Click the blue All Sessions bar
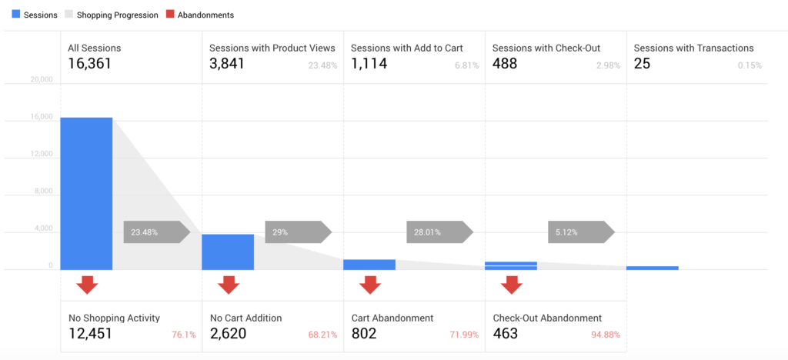point(86,194)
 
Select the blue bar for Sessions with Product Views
point(228,252)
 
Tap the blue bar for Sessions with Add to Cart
point(369,265)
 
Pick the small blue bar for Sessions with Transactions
point(653,268)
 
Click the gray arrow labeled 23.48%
point(157,232)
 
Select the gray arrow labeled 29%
point(299,232)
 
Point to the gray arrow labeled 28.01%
point(440,232)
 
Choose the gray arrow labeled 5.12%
point(582,232)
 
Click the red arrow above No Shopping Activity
point(87,285)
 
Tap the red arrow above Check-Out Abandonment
point(512,285)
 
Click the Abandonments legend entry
point(201,15)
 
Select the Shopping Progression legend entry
point(112,15)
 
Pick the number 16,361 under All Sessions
point(89,64)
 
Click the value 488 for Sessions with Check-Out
point(505,64)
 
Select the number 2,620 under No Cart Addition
point(228,333)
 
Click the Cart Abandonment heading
point(392,318)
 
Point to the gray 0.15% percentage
point(750,65)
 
